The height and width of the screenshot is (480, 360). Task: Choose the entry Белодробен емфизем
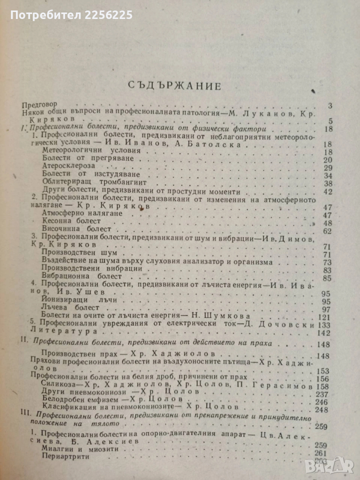tap(82, 401)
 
